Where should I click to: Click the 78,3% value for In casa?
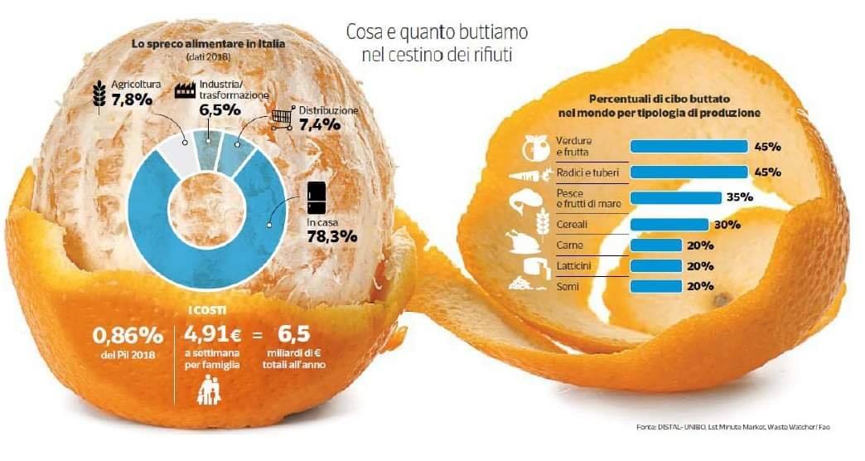click(x=332, y=237)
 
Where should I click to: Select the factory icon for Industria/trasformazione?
click(x=186, y=90)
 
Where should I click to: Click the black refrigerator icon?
click(x=317, y=197)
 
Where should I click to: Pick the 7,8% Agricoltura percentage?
click(x=132, y=100)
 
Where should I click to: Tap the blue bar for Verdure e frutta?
click(x=689, y=146)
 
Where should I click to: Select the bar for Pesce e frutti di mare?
click(x=675, y=197)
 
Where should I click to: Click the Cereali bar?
click(x=669, y=225)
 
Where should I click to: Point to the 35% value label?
click(x=740, y=197)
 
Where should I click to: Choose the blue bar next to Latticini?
click(x=656, y=266)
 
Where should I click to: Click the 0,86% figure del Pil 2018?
click(x=128, y=335)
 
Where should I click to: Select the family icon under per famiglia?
click(x=209, y=391)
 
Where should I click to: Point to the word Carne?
click(x=569, y=245)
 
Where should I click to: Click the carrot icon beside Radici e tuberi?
click(x=530, y=176)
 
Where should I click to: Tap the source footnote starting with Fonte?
click(x=732, y=427)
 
